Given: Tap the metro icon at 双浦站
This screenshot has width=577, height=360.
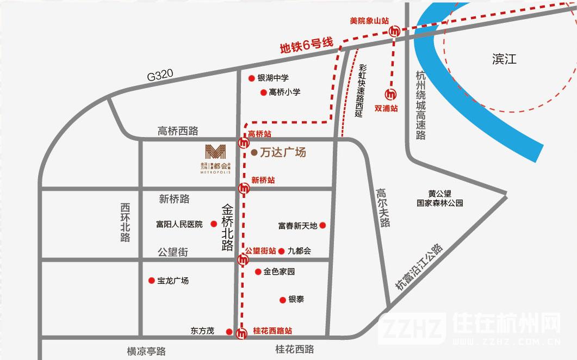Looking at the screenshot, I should [x=390, y=94].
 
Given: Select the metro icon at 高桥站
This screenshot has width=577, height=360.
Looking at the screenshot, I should [x=244, y=142].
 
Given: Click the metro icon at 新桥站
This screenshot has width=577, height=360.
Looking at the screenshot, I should [x=244, y=189].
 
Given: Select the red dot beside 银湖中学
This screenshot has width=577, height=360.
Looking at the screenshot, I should [x=251, y=78].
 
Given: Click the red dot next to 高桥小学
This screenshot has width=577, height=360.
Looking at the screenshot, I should [x=263, y=92].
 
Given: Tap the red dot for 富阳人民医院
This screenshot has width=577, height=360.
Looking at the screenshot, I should [x=214, y=224].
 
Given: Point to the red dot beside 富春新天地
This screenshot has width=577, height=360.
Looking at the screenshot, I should [x=322, y=225].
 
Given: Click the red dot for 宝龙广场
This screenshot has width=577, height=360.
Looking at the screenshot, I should [x=151, y=281].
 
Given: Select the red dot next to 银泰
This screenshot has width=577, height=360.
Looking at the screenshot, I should [x=283, y=300].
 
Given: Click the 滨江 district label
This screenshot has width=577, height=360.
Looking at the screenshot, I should [x=504, y=59].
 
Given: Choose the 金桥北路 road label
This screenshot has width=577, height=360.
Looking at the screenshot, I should [x=228, y=227].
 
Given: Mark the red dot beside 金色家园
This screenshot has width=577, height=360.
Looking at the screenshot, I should [x=258, y=271].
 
